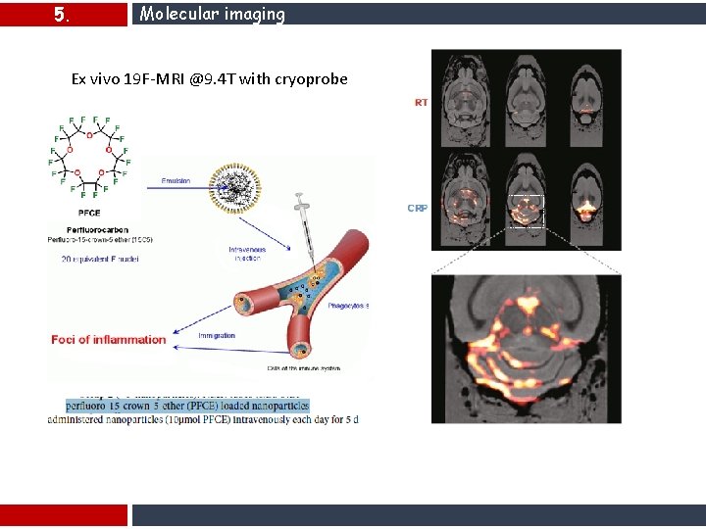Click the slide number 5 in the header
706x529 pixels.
[x=61, y=15]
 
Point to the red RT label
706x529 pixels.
[x=421, y=103]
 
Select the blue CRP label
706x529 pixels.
[x=418, y=208]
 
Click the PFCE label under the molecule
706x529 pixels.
[x=88, y=213]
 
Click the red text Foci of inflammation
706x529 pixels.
[x=109, y=339]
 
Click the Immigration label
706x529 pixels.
[x=216, y=335]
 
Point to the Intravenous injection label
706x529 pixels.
[x=247, y=254]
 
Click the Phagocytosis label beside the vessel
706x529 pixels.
[x=349, y=305]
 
